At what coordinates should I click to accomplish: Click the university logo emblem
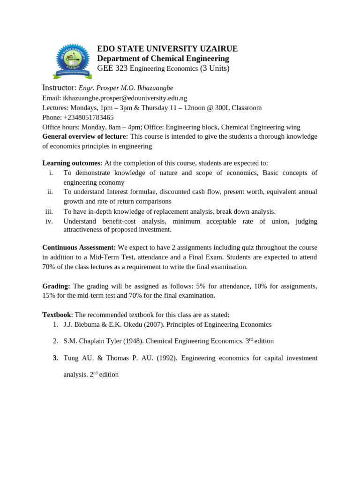pos(72,60)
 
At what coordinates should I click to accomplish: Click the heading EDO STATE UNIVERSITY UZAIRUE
pos(167,49)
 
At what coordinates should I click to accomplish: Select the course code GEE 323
pos(112,68)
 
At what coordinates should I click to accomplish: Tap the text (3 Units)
pos(215,68)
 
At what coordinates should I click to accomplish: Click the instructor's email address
pos(125,98)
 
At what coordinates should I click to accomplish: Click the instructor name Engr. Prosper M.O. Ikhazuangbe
pos(126,88)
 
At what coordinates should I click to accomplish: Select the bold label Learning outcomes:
pos(72,163)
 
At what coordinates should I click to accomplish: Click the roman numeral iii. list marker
pos(49,211)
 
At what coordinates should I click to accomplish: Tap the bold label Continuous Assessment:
pos(79,247)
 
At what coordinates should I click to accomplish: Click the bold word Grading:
pos(56,286)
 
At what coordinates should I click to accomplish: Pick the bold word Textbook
pos(57,315)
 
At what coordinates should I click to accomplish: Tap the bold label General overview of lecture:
pos(85,136)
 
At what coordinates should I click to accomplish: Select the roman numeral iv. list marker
pos(49,221)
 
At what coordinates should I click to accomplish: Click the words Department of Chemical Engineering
pos(163,59)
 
